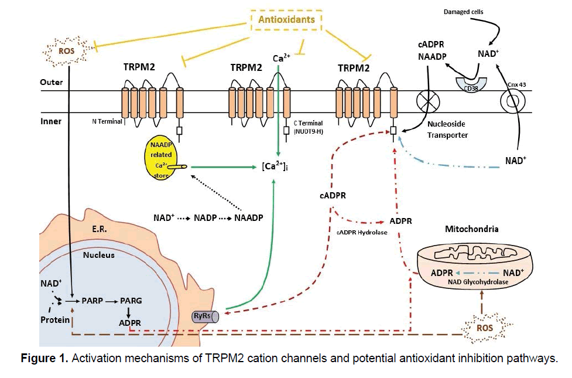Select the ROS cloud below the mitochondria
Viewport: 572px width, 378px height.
484,328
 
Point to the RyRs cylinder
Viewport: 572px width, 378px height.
205,316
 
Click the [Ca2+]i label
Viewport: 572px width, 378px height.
278,169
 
